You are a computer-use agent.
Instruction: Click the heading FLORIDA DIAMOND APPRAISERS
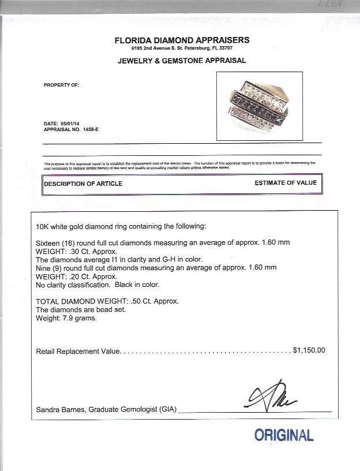click(x=182, y=40)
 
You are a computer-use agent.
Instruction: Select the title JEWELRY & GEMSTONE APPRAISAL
click(x=182, y=60)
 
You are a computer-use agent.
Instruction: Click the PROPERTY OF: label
click(x=61, y=85)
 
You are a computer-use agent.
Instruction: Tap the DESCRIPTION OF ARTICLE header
click(x=83, y=184)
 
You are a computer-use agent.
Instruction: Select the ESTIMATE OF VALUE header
click(x=286, y=183)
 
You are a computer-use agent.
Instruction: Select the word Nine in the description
click(x=43, y=268)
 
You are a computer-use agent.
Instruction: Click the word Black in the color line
click(x=116, y=285)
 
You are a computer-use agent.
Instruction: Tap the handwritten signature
click(x=271, y=398)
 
